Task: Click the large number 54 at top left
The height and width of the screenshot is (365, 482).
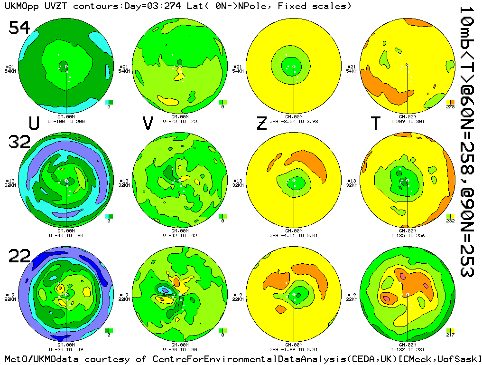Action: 19,29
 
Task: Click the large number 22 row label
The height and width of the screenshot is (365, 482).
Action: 19,257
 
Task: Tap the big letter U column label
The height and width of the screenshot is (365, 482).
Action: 34,123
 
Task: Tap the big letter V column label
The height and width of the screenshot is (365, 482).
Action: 148,123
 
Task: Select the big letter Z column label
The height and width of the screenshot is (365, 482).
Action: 261,123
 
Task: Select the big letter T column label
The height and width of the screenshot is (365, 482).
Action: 375,123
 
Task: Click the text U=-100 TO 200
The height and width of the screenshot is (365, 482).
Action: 66,122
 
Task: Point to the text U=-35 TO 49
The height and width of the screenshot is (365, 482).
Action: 66,350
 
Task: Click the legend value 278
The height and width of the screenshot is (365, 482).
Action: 451,107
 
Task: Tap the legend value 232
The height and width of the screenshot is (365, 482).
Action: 451,221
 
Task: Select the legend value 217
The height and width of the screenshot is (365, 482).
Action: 451,335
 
